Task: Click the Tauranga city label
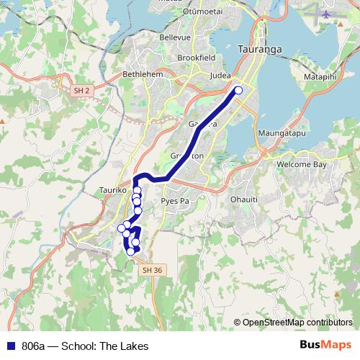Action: pyautogui.click(x=259, y=49)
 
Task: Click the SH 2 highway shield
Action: pyautogui.click(x=82, y=90)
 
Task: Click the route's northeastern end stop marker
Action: pyautogui.click(x=238, y=90)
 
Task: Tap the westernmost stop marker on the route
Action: pyautogui.click(x=122, y=228)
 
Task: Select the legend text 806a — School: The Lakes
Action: pyautogui.click(x=85, y=346)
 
